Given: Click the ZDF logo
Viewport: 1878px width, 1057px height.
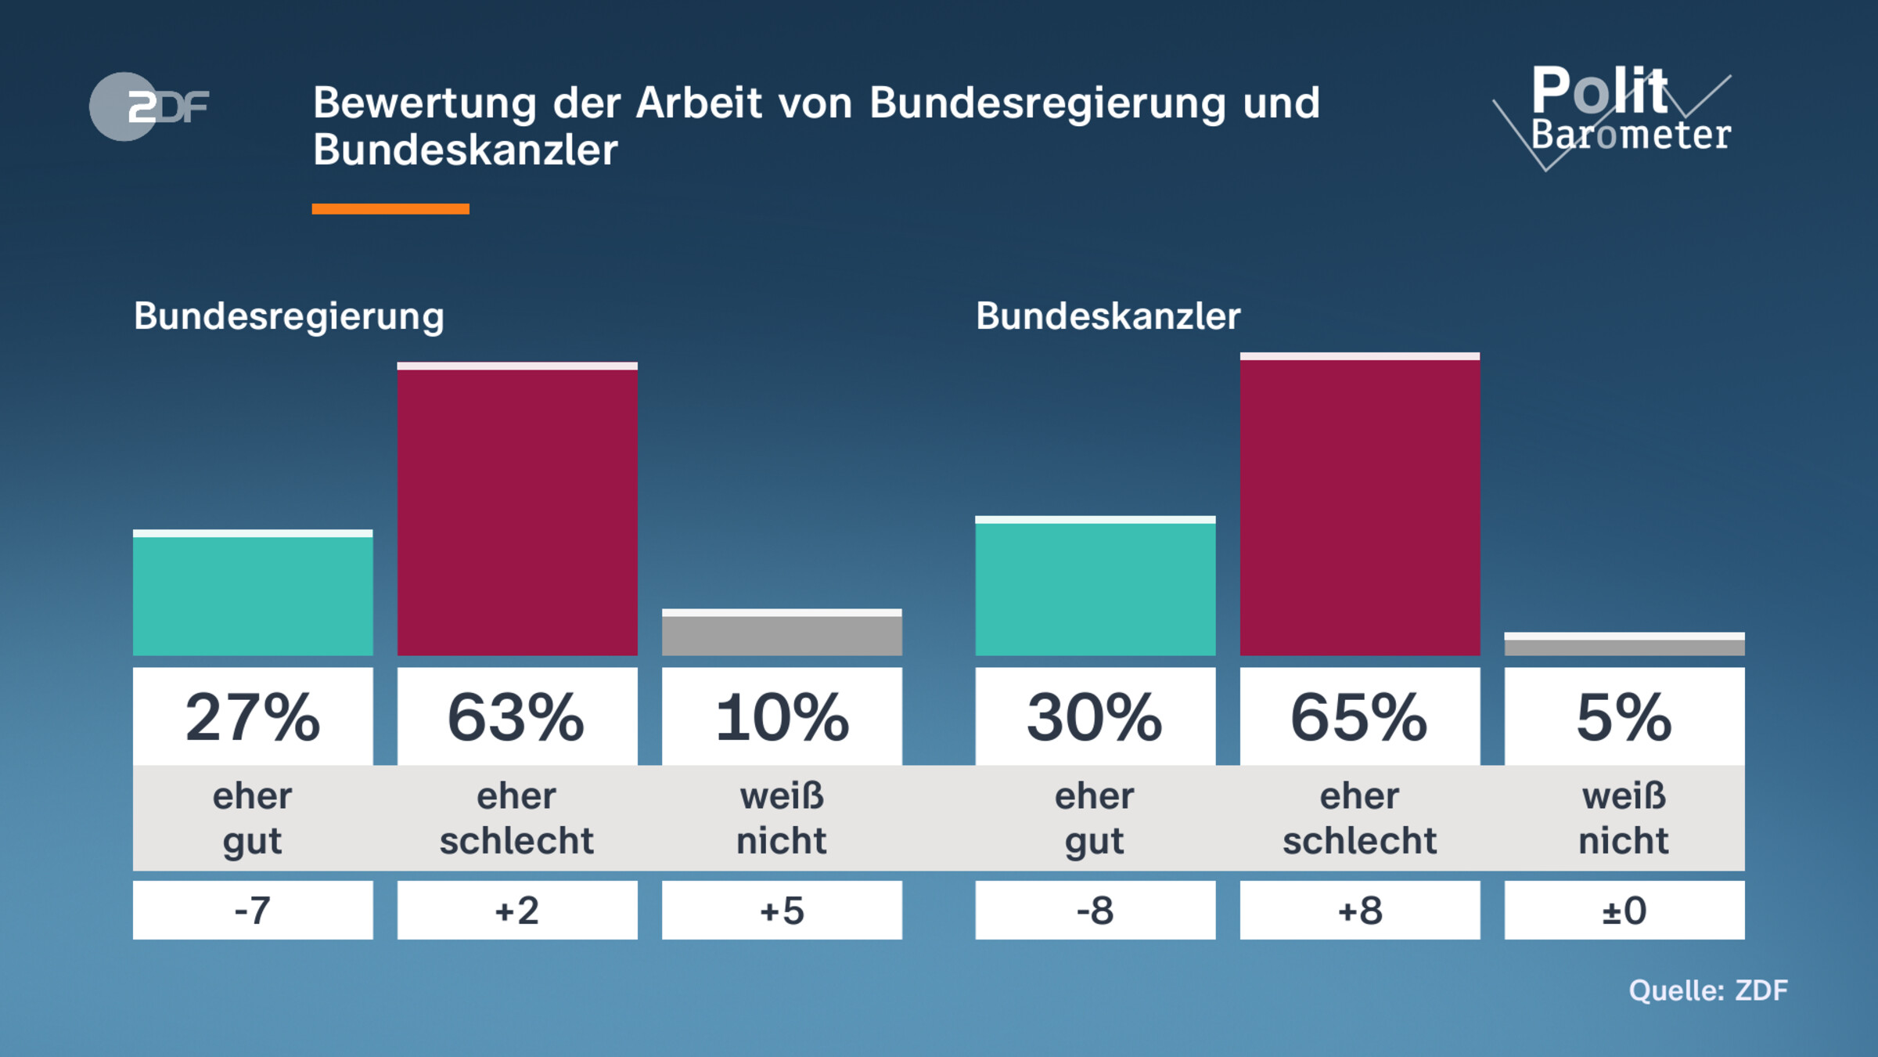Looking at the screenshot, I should coord(149,106).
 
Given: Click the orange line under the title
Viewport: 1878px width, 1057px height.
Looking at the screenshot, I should coord(390,209).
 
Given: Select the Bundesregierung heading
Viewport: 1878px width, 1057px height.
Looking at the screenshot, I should coord(289,316).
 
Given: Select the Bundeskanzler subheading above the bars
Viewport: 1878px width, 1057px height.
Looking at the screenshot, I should coord(1108,316).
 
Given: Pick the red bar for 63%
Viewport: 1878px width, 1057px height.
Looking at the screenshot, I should coord(517,509).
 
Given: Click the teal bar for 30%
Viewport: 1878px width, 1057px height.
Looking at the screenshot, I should coord(1095,586).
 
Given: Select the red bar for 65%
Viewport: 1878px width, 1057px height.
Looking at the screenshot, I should coord(1359,505).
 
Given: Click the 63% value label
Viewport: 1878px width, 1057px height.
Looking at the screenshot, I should coord(517,716).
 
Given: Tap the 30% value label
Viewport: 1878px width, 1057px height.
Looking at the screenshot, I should coord(1095,716).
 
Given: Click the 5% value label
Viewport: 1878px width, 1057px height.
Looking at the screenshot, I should coord(1624,716).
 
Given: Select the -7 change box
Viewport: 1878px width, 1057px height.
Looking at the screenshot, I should coord(253,910).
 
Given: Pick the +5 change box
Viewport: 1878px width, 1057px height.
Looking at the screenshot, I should coord(782,910).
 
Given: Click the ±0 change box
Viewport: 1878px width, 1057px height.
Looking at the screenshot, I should coord(1624,910).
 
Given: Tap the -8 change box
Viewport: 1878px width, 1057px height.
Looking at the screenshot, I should coord(1095,910).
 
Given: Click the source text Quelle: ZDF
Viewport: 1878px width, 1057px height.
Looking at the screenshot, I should coord(1707,990).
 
